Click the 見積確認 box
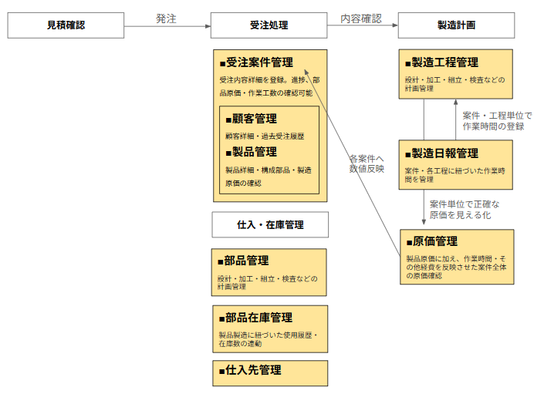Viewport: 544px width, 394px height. (x=66, y=25)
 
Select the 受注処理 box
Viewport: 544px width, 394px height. (x=269, y=25)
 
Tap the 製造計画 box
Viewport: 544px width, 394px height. (x=456, y=25)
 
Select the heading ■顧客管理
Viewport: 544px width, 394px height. (x=251, y=119)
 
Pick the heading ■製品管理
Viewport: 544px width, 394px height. (x=251, y=152)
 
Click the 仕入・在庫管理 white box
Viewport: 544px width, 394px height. (x=269, y=225)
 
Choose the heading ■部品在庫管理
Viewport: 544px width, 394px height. (x=255, y=318)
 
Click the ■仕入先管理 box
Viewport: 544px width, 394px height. (x=269, y=372)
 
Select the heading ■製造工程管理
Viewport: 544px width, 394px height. (x=442, y=62)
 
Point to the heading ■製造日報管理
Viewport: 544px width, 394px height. (x=442, y=153)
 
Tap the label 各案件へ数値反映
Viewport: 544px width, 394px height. (x=366, y=163)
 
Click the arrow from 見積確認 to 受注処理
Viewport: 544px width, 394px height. (x=166, y=25)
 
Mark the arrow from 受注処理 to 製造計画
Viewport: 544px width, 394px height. (x=362, y=25)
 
